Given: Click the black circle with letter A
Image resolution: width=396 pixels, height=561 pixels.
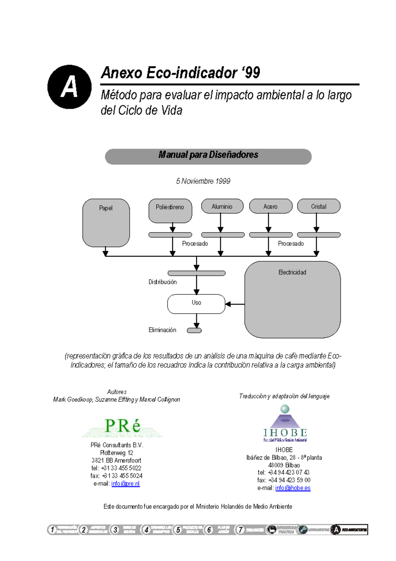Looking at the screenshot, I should coord(69,87).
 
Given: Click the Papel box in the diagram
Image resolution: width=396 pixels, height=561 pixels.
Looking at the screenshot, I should coord(106,223).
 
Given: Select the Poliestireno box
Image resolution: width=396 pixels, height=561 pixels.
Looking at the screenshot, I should coord(170,210).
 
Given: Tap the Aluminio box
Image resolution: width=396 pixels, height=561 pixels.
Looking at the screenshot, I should coord(222,206).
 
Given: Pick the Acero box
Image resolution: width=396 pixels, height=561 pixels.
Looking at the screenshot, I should coord(271,206).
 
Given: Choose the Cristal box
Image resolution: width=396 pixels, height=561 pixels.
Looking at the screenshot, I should coord(318,206).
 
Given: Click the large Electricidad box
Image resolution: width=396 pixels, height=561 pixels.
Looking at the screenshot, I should coord(292,299).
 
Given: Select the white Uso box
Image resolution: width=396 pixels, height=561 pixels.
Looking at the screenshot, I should coord(196,304).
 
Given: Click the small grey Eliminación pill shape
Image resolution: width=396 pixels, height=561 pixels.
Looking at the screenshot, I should coord(194,330).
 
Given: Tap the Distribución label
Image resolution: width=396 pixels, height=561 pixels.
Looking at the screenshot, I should coord(162,282).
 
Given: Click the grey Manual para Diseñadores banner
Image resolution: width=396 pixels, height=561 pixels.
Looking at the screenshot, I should coord(208,156).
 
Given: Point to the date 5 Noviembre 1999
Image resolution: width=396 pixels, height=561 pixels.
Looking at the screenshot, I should coord(203,181).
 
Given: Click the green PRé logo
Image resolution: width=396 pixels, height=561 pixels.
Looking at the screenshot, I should coord(122,427).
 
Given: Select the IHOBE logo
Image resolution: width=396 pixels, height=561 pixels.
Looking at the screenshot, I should coord(285,424).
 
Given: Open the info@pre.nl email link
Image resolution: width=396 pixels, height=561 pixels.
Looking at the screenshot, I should coord(125,483).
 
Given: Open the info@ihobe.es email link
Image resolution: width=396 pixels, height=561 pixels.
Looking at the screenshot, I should coord(293,488).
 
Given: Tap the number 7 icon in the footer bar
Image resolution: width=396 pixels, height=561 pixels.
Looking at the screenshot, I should coord(240,530).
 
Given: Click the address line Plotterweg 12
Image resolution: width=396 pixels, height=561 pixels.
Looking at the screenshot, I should coord(116,453).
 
